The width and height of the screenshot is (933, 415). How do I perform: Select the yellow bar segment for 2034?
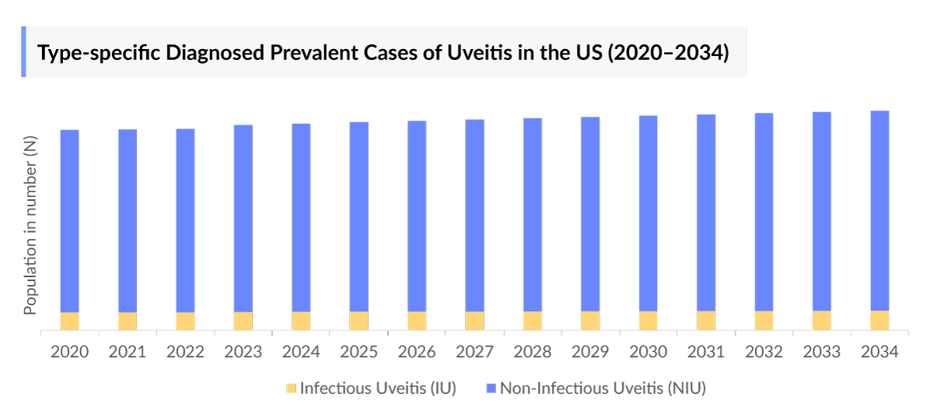[x=879, y=320]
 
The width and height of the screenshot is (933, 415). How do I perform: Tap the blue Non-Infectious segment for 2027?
[x=475, y=215]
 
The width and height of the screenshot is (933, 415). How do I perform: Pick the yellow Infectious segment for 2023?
[x=243, y=321]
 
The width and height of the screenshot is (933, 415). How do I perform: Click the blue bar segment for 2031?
[x=706, y=213]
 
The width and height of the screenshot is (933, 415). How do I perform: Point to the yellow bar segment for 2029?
[x=590, y=320]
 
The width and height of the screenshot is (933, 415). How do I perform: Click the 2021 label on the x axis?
[x=128, y=352]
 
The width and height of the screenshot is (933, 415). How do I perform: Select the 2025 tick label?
[x=359, y=352]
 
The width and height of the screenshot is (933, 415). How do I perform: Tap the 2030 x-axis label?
[x=648, y=352]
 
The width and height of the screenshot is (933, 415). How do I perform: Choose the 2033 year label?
[x=822, y=352]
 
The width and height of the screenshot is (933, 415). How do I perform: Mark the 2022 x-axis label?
[x=185, y=352]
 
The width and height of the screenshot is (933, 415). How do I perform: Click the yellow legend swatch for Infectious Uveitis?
[x=292, y=388]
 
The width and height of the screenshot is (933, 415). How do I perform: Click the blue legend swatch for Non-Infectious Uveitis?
[x=491, y=388]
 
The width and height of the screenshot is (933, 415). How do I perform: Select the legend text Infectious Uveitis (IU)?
[x=378, y=388]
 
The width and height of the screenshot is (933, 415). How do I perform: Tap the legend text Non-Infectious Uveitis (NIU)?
[x=603, y=388]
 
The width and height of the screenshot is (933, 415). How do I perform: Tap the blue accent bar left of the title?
[x=23, y=51]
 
